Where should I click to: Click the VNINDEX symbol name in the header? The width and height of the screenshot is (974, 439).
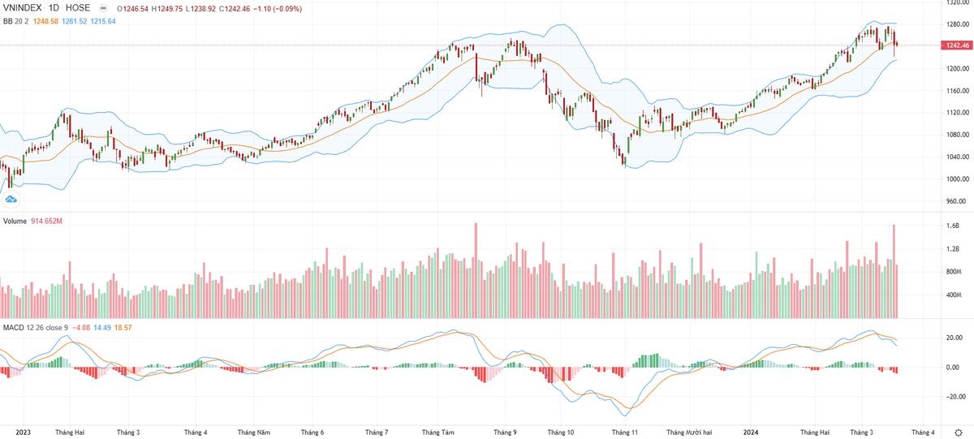[x=26, y=8]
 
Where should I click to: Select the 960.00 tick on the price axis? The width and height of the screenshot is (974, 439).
[x=955, y=201]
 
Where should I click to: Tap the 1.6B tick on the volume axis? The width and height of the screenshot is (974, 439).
[x=952, y=226]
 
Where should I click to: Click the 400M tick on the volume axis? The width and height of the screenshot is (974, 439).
[x=953, y=295]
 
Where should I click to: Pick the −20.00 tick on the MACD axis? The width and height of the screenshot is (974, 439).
[x=955, y=397]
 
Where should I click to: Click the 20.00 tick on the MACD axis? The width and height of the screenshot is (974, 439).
[x=954, y=338]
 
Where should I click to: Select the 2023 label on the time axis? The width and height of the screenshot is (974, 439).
[x=23, y=433]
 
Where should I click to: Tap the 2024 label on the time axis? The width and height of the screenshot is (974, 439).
[x=751, y=433]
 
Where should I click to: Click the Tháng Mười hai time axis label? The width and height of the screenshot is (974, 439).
[x=688, y=433]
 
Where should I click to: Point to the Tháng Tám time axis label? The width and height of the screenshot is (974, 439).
[x=438, y=433]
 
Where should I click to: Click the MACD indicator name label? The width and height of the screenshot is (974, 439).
[x=14, y=327]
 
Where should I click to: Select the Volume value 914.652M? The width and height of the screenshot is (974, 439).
[x=47, y=221]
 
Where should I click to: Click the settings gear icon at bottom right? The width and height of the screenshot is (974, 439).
[x=959, y=432]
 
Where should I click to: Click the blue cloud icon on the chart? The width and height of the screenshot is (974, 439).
[x=11, y=199]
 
